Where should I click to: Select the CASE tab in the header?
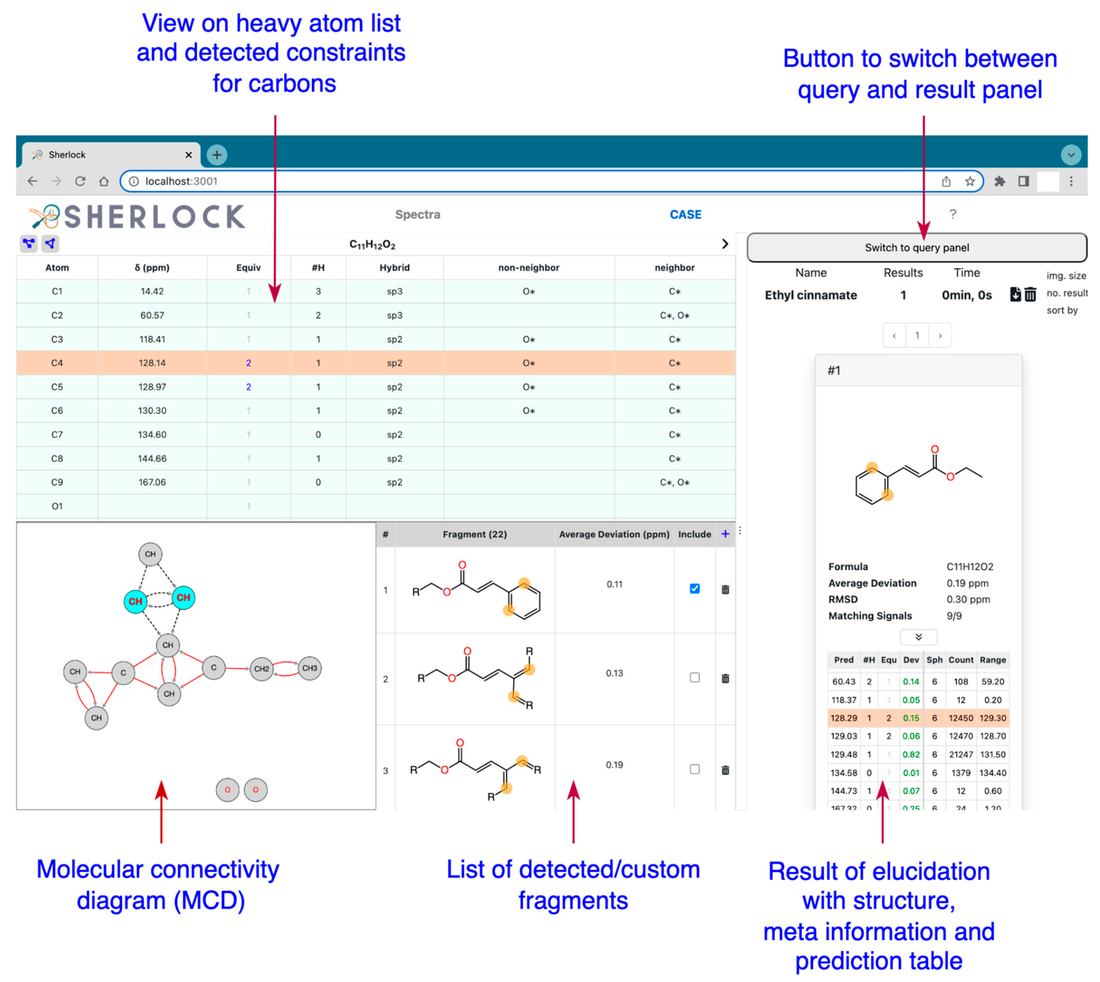pos(685,215)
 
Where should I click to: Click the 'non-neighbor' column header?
pos(528,268)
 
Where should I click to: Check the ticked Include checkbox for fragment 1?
pos(694,589)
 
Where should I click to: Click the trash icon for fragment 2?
pos(725,678)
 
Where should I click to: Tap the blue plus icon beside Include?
pos(725,534)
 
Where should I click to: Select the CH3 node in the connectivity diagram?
pos(309,668)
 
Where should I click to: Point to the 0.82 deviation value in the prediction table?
pos(911,754)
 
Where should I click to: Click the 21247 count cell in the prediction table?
pos(961,754)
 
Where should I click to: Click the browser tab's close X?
pos(188,155)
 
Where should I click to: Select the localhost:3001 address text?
pos(181,181)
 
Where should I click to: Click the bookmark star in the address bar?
pos(969,181)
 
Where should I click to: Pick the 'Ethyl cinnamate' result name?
pos(810,295)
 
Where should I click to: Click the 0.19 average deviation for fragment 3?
pos(614,765)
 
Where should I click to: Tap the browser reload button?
pos(80,181)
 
